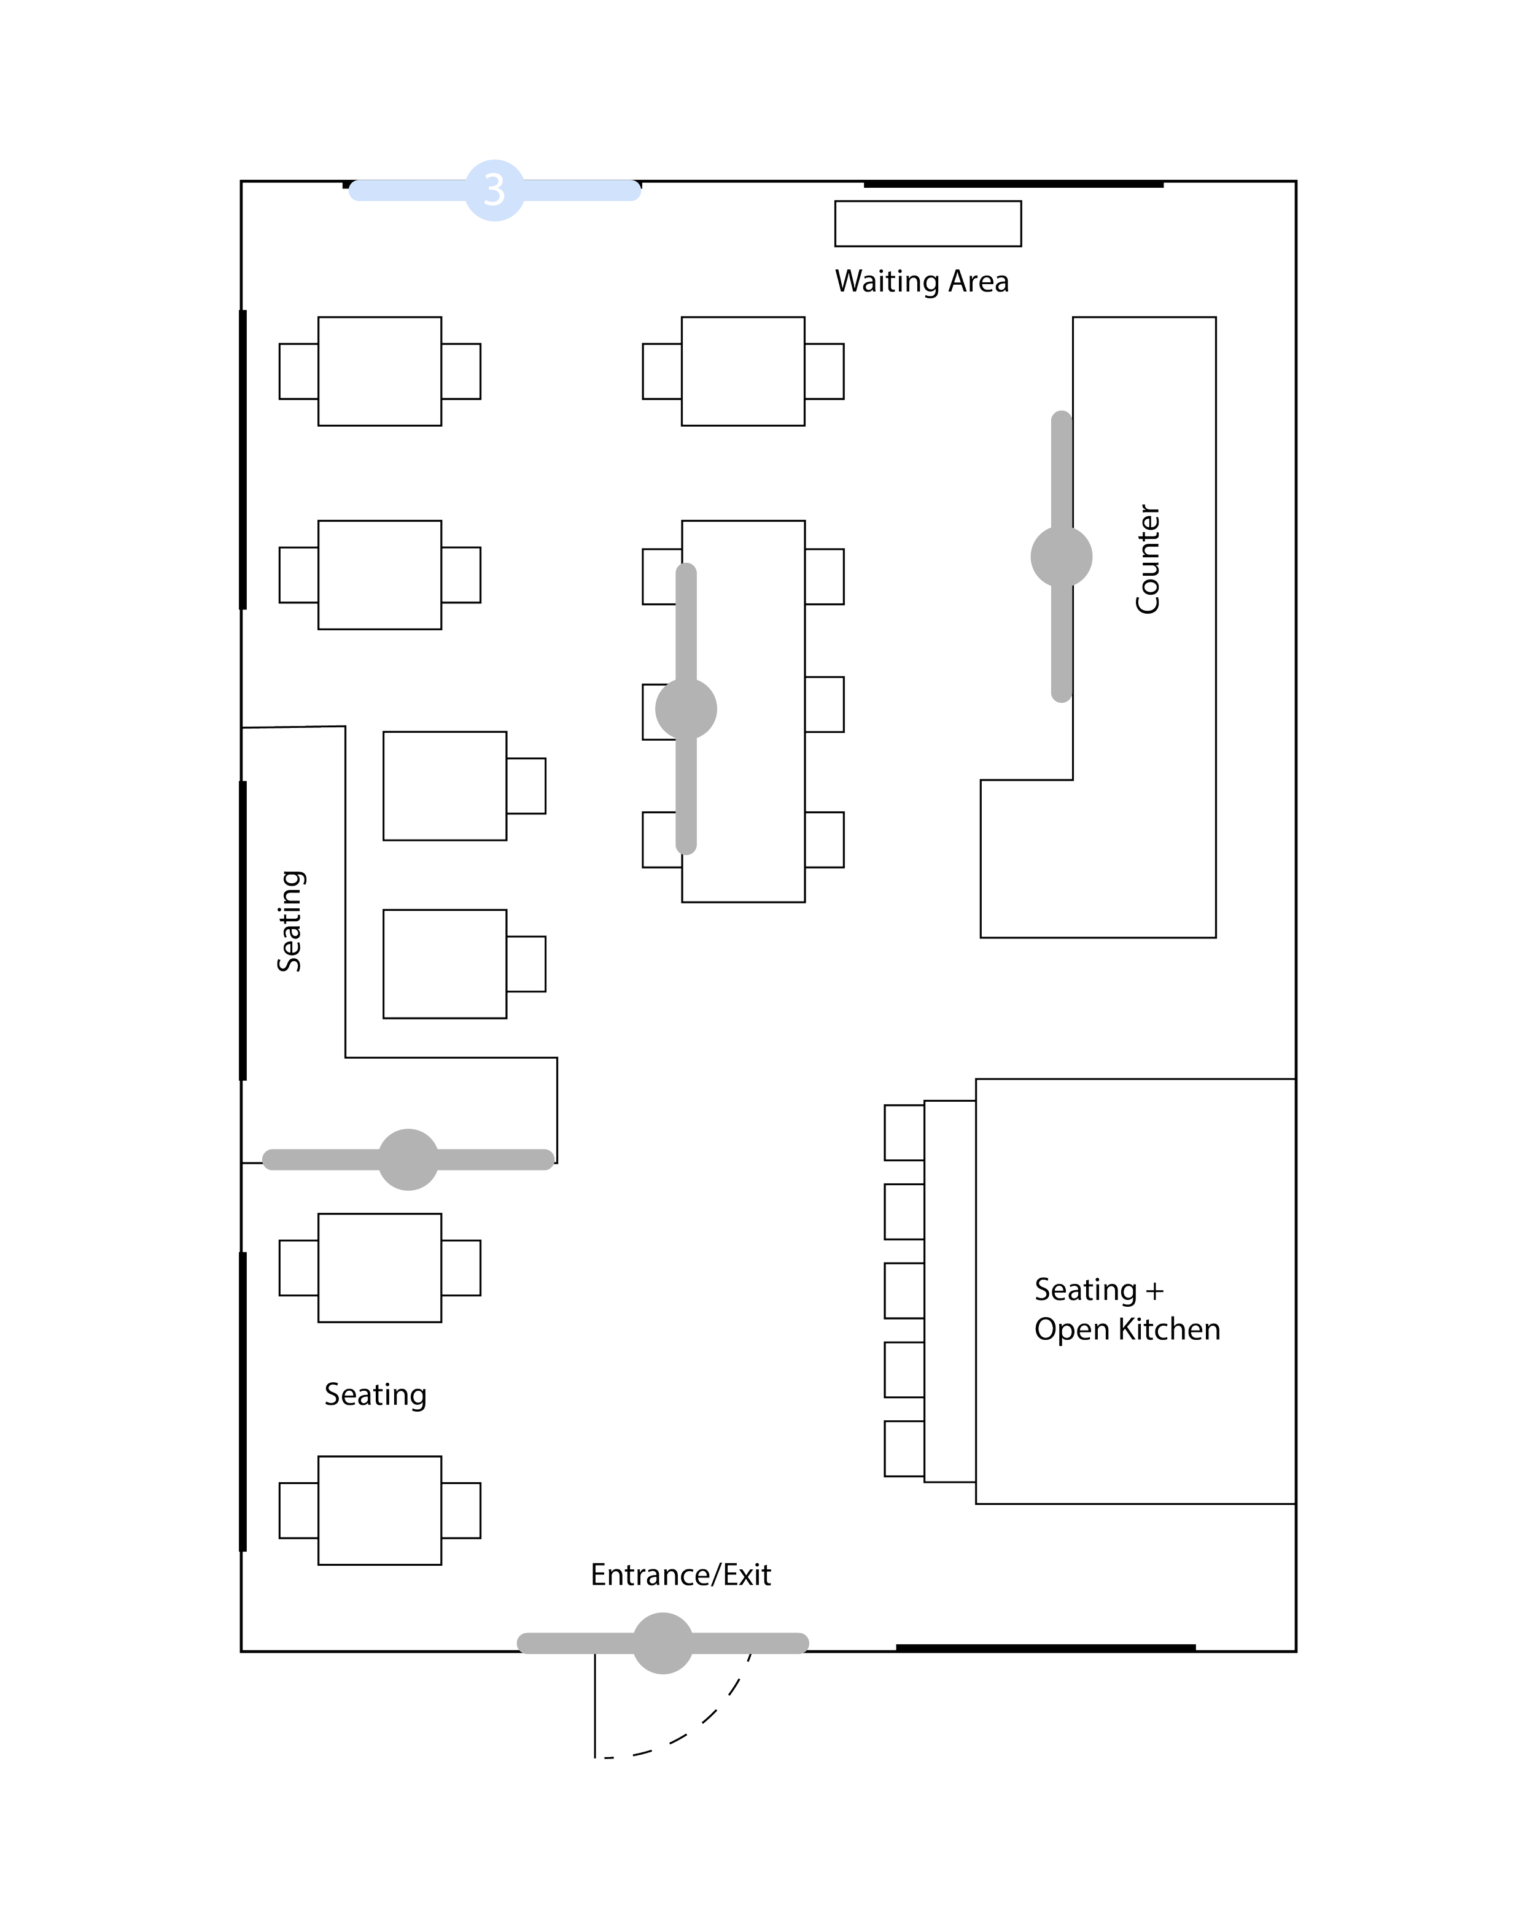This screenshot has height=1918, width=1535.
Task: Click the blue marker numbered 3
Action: coord(494,190)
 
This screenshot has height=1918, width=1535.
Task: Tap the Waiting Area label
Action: coord(922,282)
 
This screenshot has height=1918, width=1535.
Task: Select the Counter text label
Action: coord(1148,559)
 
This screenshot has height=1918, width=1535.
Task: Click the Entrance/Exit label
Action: coord(681,1575)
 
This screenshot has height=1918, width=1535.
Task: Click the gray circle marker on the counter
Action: coord(1061,557)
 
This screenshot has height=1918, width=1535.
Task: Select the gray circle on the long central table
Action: coord(686,709)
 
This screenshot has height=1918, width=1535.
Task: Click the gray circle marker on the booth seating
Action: coord(408,1159)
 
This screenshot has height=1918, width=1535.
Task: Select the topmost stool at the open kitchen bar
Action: coord(903,1132)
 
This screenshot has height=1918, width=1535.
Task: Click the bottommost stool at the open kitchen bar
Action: coord(903,1450)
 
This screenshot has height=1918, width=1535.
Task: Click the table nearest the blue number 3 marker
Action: coord(380,370)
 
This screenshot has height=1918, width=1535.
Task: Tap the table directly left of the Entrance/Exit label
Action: coord(380,1510)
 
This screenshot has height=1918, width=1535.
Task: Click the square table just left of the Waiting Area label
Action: coord(743,370)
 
